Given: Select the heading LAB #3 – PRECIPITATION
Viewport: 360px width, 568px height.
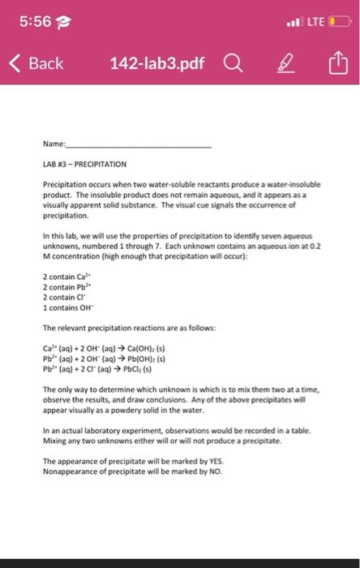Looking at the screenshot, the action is [92, 163].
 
